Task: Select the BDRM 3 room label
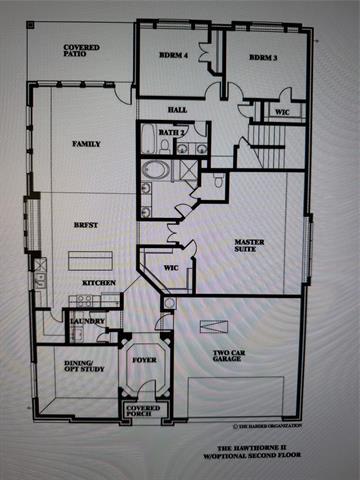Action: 262,57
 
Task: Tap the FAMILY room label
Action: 86,144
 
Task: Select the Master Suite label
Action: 249,247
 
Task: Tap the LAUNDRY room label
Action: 84,321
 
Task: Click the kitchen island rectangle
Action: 90,261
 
